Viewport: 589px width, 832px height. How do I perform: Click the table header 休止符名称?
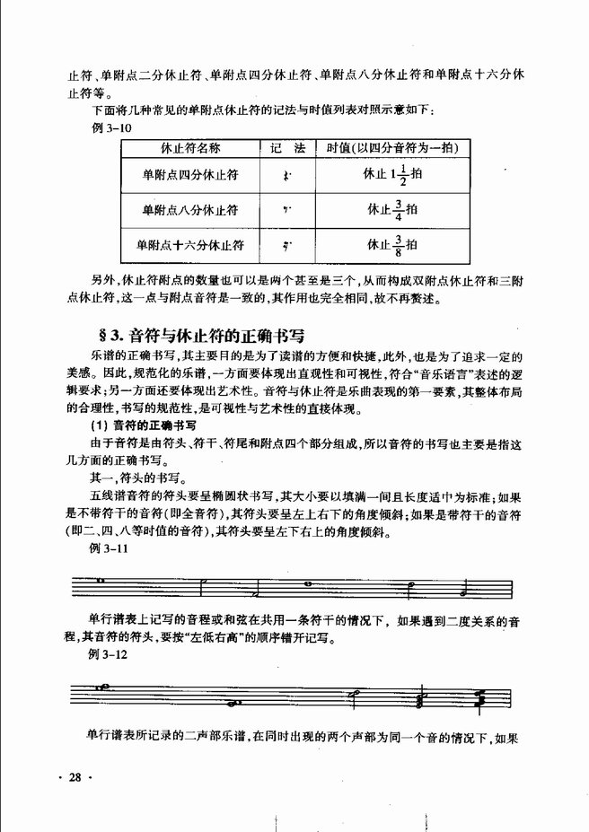point(189,147)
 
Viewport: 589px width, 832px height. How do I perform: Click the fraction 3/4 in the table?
point(398,210)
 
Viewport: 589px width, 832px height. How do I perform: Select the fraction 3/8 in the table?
point(398,243)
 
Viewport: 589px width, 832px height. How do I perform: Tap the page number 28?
point(73,777)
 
